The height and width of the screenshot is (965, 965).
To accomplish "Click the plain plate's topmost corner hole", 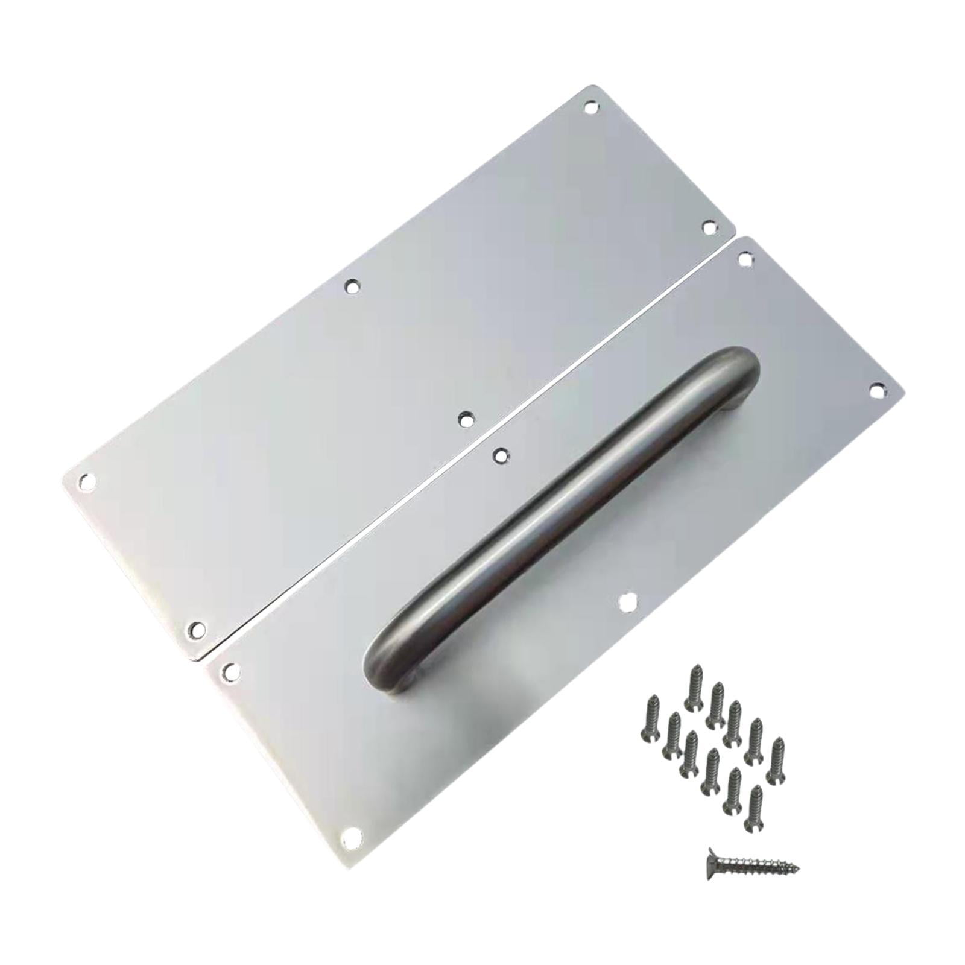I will pos(594,109).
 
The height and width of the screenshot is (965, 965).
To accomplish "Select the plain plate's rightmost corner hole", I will pos(709,227).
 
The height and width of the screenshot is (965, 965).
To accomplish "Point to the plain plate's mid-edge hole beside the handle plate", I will pos(464,417).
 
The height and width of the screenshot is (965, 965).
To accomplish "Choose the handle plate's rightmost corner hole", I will pos(876,391).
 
